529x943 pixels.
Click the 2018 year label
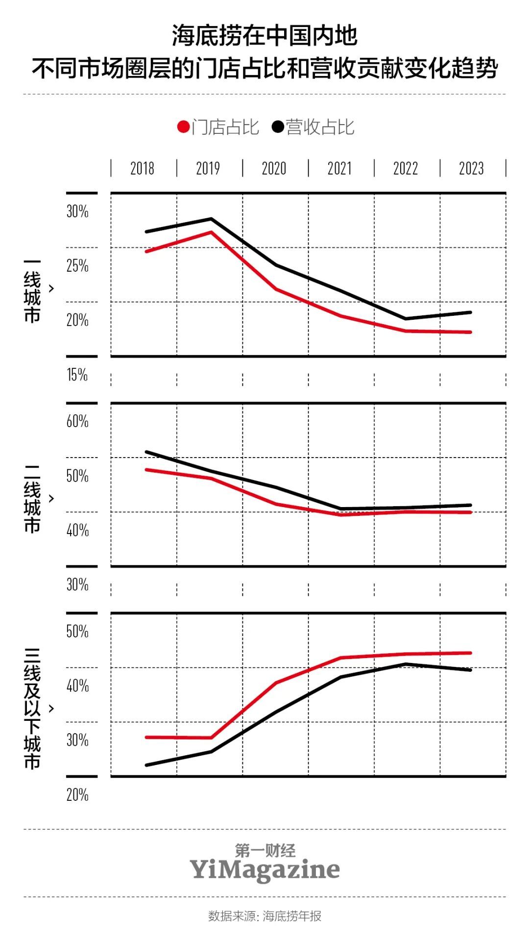point(142,168)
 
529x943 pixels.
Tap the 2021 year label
point(339,168)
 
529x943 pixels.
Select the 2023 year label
point(471,168)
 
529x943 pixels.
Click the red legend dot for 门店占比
point(183,127)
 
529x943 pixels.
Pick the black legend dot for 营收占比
point(278,127)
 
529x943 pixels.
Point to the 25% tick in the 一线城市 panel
point(77,266)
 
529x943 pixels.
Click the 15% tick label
point(77,375)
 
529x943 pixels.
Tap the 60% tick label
point(77,421)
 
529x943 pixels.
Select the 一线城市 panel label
point(32,290)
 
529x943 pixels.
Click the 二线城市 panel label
point(32,499)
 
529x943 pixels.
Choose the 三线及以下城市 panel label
point(32,709)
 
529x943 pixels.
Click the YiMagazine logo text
point(264,870)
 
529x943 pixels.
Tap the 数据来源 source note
point(264,916)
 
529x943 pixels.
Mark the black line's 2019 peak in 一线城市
point(211,219)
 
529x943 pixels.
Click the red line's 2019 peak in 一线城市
point(211,232)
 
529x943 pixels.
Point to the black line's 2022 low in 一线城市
point(406,319)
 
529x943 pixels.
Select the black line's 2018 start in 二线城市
point(146,452)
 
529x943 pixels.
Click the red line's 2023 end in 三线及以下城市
point(471,653)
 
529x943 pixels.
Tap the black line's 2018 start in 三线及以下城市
point(146,765)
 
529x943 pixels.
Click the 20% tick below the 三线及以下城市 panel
point(77,795)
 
